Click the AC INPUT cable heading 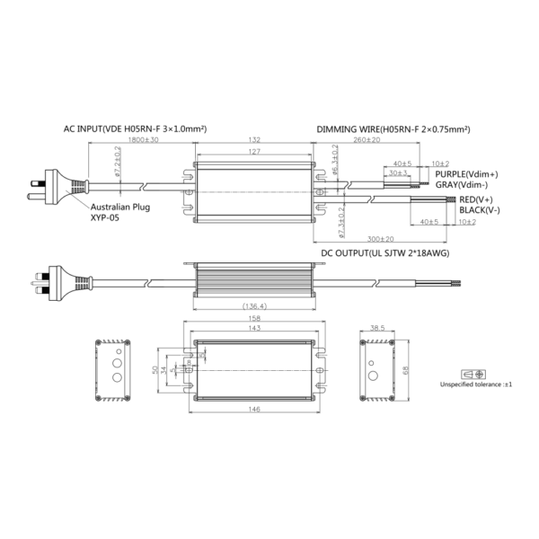(x=136, y=129)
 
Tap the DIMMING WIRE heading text (x=393, y=129)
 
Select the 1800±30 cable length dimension (x=144, y=141)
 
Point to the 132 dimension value (x=255, y=141)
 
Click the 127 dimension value (x=255, y=152)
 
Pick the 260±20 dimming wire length (x=367, y=141)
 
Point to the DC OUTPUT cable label (x=385, y=254)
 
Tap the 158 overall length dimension (x=256, y=318)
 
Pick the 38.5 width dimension (x=378, y=328)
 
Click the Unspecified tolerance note (x=475, y=384)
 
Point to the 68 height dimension (x=407, y=369)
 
